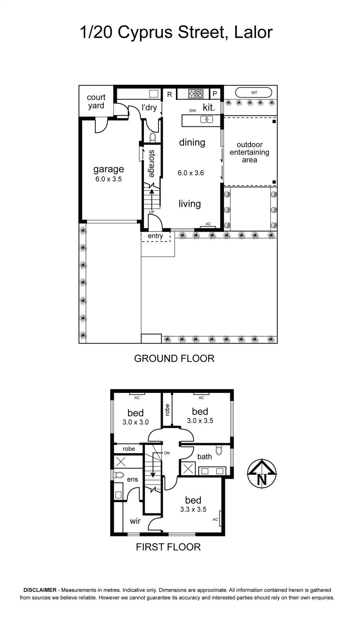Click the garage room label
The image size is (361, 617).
(109, 169)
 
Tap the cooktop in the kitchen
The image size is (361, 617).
(196, 94)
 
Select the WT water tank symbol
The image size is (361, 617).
(254, 93)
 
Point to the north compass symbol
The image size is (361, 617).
(262, 474)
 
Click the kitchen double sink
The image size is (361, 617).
(207, 119)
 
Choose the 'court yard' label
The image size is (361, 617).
(96, 101)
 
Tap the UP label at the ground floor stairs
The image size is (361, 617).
(152, 212)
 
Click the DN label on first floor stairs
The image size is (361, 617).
(167, 453)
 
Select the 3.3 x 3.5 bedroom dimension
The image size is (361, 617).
(193, 509)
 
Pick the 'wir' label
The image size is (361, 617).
(135, 521)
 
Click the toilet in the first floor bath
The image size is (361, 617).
(219, 450)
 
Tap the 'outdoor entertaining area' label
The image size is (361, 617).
(250, 152)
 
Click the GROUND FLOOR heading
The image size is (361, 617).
(174, 358)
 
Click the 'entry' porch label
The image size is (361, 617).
(155, 236)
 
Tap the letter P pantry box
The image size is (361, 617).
(215, 94)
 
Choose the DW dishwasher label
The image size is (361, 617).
(192, 111)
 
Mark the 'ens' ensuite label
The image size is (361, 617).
(132, 479)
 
